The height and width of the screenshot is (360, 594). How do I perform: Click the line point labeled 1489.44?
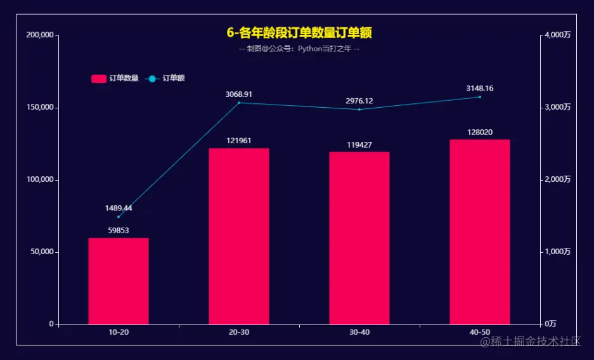point(119,217)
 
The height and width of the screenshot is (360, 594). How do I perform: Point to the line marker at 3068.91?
point(239,103)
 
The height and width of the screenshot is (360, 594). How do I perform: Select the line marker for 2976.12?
point(359,110)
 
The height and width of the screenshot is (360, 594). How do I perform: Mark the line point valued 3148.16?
point(480,97)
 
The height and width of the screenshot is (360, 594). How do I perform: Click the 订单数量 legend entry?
point(115,79)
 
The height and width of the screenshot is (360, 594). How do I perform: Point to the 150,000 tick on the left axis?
point(39,108)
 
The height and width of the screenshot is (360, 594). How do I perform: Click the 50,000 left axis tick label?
point(42,252)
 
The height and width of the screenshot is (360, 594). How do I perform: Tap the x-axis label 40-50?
point(480,333)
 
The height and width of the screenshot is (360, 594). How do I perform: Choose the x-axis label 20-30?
point(239,333)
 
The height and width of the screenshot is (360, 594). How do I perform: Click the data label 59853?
point(119,231)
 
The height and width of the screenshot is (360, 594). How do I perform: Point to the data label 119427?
point(359,145)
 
